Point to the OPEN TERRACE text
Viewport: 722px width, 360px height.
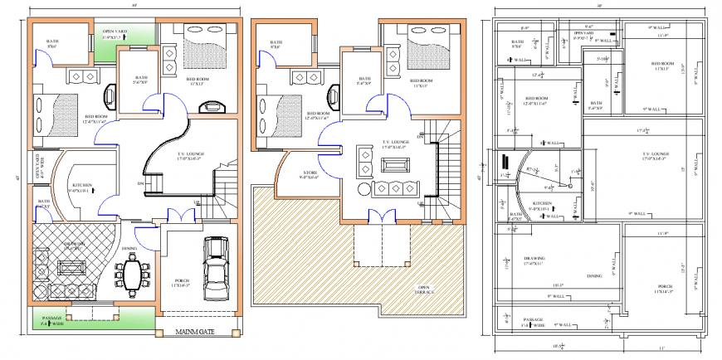(429, 289)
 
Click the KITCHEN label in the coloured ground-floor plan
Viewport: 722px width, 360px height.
(80, 186)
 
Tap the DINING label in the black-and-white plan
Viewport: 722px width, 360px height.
(594, 276)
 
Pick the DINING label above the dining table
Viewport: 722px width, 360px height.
(129, 248)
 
